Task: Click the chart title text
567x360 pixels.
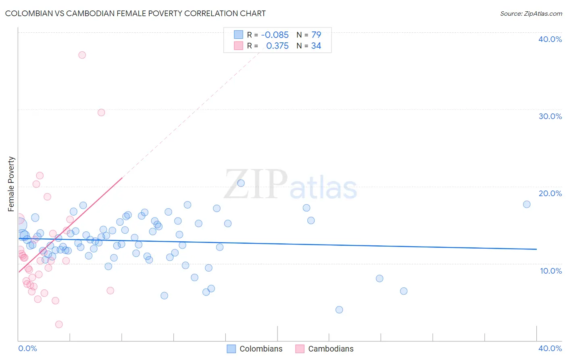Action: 135,13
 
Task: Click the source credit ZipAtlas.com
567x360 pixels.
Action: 531,13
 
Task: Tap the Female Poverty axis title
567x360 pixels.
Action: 11,184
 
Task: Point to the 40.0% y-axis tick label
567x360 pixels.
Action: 550,39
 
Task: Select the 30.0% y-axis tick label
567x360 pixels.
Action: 550,116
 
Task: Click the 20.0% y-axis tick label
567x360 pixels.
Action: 550,193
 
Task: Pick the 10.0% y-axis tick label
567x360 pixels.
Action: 551,271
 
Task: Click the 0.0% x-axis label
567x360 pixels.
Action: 28,348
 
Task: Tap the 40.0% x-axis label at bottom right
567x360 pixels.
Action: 550,348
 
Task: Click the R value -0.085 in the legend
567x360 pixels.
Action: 275,35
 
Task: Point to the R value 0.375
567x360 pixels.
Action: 277,46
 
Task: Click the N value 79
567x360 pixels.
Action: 316,35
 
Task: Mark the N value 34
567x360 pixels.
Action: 316,46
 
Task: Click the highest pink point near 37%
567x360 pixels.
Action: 82,55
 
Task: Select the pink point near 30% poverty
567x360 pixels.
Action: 101,113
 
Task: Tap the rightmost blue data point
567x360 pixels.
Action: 527,204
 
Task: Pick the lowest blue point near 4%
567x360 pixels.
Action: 339,310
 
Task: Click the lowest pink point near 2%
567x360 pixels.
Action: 59,324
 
